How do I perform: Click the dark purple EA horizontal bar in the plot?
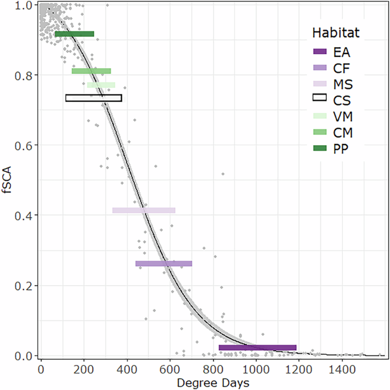pos(257,347)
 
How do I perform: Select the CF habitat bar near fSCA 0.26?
pos(163,264)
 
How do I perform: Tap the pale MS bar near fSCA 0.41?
pos(143,211)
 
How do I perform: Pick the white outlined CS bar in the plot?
pos(93,98)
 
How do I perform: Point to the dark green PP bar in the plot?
pos(74,34)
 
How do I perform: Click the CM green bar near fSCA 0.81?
pos(91,71)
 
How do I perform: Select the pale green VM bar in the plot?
pos(101,85)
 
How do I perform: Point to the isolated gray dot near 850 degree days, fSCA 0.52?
pos(223,174)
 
